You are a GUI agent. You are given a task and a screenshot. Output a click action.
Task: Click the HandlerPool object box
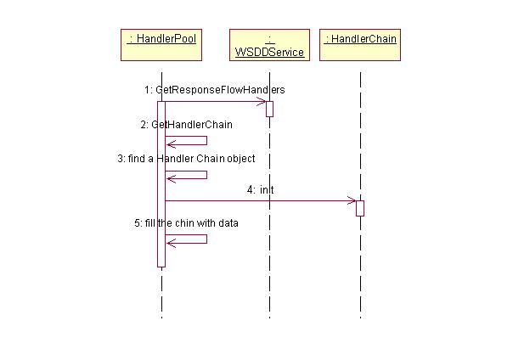coord(161,44)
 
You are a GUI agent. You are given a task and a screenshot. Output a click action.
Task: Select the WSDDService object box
coord(269,44)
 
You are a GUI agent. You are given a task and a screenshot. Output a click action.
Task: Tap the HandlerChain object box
coord(360,39)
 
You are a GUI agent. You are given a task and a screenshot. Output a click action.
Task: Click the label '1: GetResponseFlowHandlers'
coord(214,89)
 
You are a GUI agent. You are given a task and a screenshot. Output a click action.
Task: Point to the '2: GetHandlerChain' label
coord(187,124)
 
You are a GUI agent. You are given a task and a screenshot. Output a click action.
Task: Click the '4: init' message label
coord(261,190)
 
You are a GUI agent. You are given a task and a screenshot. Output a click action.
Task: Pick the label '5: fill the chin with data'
coord(186,223)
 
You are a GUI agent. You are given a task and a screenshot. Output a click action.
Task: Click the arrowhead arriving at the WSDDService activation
coord(262,102)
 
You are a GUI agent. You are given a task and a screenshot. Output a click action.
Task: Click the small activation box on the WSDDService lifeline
coord(269,109)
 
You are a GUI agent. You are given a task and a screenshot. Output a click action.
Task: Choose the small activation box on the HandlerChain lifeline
coord(360,208)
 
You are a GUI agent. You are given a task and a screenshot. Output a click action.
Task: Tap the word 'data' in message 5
coord(228,223)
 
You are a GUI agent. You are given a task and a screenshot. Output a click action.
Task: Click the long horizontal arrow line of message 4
coord(255,201)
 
